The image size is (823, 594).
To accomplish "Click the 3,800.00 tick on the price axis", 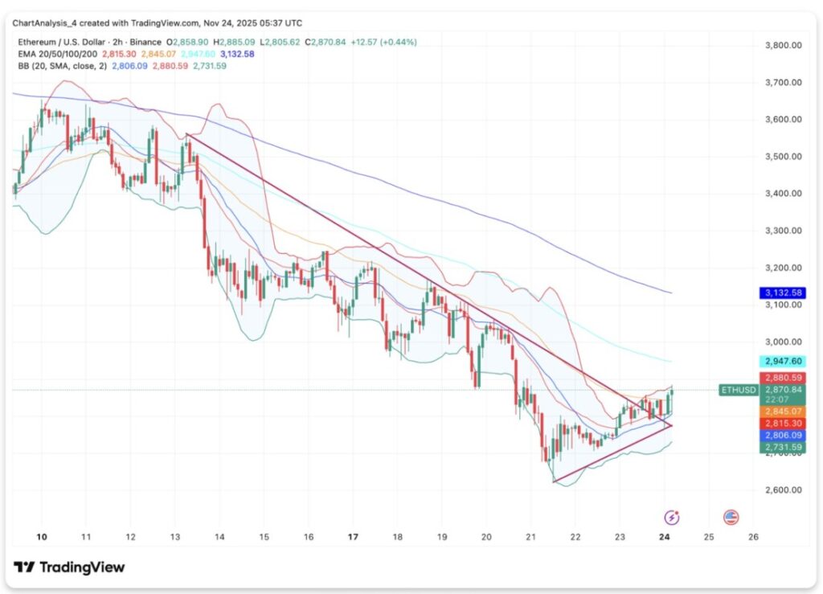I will (x=784, y=45).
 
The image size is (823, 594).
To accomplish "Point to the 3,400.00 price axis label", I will (x=784, y=193).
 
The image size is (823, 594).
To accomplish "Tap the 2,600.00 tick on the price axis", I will (x=784, y=490).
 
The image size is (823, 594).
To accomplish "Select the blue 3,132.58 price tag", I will (x=784, y=293).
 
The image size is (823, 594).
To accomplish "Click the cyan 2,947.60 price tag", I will (x=784, y=362).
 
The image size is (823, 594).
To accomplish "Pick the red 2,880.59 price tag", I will (x=784, y=378).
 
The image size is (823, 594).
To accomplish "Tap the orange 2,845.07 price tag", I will (x=784, y=411).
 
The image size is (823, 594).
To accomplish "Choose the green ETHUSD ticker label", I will (x=738, y=390).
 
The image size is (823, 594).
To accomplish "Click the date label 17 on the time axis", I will (x=352, y=535).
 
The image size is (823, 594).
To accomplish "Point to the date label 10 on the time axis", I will (x=42, y=535).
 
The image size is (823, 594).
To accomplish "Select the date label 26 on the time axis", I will (x=752, y=535).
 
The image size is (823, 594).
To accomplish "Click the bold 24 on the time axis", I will (x=664, y=535).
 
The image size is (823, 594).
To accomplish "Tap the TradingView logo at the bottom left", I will (x=70, y=567).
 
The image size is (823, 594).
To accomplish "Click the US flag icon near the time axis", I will (x=731, y=517).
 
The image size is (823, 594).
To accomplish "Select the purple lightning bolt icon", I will (x=672, y=517).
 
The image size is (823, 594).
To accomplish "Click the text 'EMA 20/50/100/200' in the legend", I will (x=55, y=54).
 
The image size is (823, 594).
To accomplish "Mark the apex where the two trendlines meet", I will (x=672, y=424).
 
